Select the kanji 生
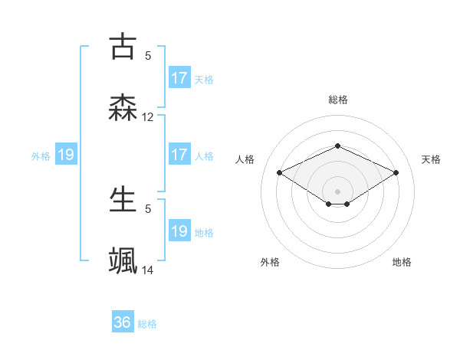coord(123,199)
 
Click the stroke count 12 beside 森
coord(148,117)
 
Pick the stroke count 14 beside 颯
coord(148,270)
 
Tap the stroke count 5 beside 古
coord(148,55)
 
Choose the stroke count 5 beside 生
coord(148,208)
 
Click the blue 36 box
coord(123,322)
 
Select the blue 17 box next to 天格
coord(179,78)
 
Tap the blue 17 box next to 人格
coord(179,155)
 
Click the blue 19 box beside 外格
coord(66,155)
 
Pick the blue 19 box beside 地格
coord(179,231)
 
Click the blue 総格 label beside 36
coord(147,324)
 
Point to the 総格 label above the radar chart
coord(337,100)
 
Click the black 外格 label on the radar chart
coord(270,262)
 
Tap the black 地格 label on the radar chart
coord(402,262)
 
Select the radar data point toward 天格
coord(396,172)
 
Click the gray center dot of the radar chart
coord(337,191)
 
